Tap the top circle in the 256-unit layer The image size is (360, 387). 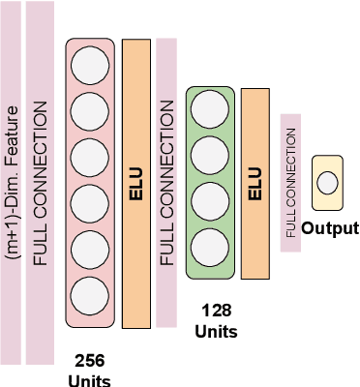90,66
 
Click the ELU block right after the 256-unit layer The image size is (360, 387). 136,184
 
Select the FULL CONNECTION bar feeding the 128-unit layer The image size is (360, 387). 165,184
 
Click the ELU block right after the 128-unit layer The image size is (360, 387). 255,182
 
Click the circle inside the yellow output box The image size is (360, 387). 327,182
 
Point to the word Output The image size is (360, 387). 330,229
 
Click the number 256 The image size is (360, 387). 89,359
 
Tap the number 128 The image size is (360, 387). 216,311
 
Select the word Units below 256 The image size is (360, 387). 89,379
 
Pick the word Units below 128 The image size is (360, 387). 216,330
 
